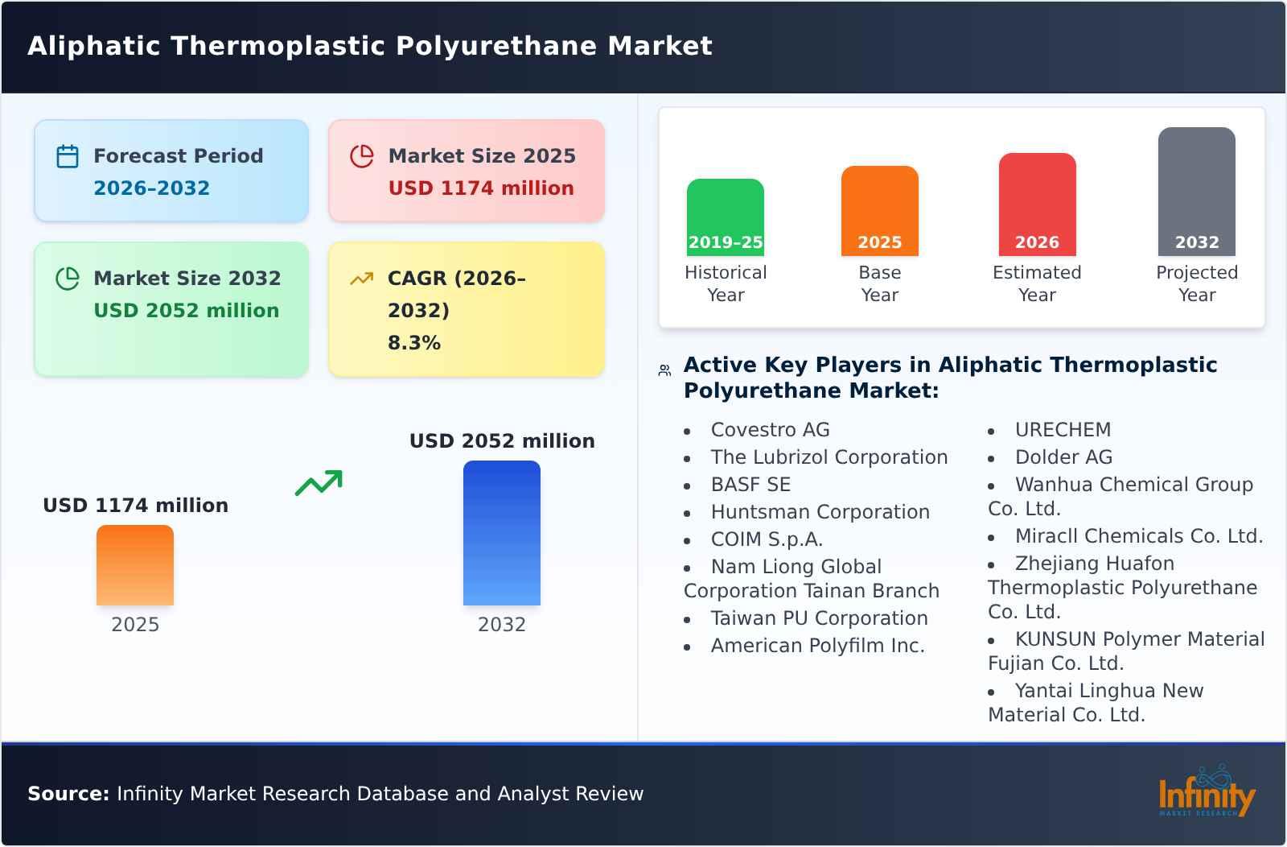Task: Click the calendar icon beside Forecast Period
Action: coord(68,156)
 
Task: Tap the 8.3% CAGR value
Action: coord(413,343)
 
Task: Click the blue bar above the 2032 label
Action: coord(501,533)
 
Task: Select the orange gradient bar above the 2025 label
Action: coord(135,565)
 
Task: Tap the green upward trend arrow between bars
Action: coord(319,483)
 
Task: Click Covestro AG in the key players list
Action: coord(770,430)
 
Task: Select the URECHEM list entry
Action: coord(1062,430)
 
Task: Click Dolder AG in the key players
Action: coord(1063,457)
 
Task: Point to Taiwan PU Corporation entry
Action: coord(819,618)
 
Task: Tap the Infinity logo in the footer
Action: coord(1206,793)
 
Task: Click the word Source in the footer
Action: coord(68,794)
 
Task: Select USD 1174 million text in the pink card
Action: coord(481,188)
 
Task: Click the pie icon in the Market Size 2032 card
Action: coord(68,279)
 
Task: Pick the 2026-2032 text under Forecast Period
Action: coord(151,188)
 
